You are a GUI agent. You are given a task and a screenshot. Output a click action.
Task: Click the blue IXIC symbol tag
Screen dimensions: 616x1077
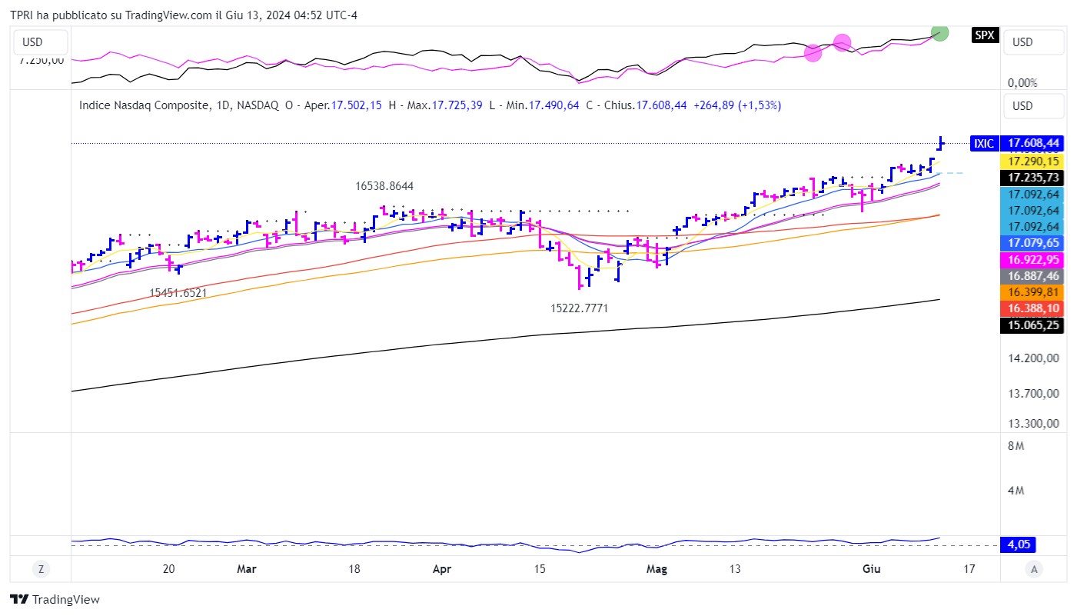pos(984,143)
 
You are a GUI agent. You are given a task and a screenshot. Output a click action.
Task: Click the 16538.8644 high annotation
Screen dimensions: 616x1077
pos(384,186)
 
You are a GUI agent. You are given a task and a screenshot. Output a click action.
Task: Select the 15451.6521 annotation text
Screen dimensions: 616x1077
pos(178,293)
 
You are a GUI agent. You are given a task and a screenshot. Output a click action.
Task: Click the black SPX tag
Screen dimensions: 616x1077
pos(984,35)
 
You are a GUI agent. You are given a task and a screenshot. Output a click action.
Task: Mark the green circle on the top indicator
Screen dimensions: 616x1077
pos(939,32)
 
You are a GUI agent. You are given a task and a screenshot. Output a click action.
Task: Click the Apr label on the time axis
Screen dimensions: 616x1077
pos(442,569)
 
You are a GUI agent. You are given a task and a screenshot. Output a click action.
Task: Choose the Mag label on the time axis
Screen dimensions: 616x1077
pos(657,569)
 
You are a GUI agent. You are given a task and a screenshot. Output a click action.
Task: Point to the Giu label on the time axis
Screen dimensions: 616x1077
pos(871,569)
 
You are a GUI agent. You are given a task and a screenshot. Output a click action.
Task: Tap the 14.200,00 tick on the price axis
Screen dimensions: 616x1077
pos(1034,358)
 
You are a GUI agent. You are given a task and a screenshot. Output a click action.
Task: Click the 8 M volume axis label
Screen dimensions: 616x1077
pos(1016,446)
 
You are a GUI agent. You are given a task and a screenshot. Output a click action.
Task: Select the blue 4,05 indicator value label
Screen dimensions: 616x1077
pos(1019,544)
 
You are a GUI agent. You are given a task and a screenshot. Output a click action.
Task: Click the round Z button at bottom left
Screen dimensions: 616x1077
pos(41,569)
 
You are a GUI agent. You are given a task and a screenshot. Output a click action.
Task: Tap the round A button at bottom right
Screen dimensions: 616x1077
pos(1035,569)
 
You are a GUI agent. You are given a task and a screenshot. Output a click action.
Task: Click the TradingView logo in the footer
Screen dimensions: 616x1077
pos(55,600)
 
